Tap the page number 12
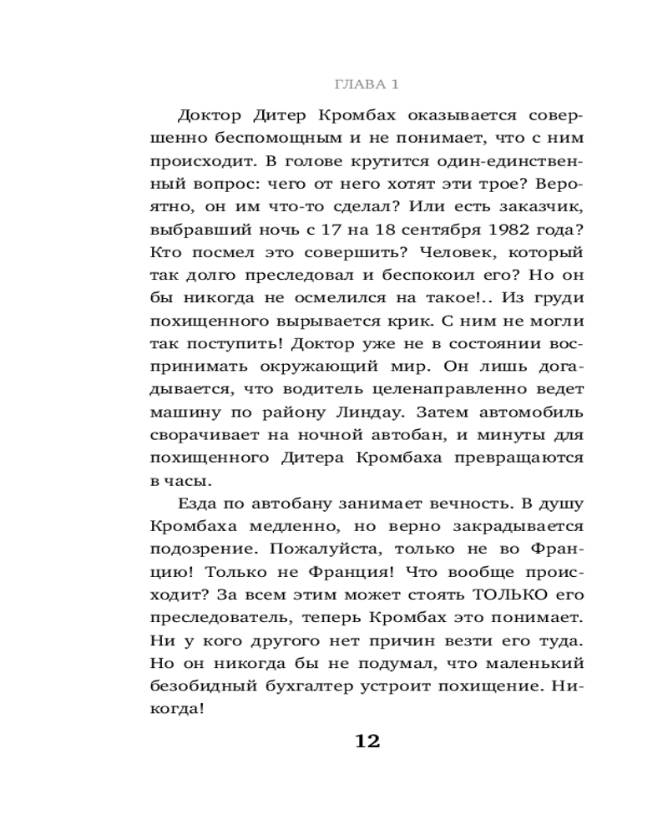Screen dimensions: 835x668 point(367,741)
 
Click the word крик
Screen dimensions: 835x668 point(451,320)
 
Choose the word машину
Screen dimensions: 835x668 point(185,412)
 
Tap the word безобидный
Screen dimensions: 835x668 point(208,686)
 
